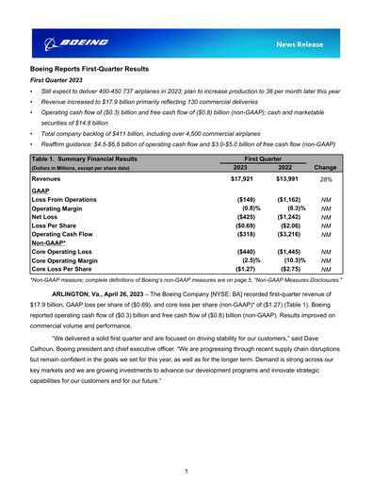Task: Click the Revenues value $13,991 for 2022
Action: coord(288,177)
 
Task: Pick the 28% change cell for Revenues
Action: coord(327,177)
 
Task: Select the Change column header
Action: coord(327,167)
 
